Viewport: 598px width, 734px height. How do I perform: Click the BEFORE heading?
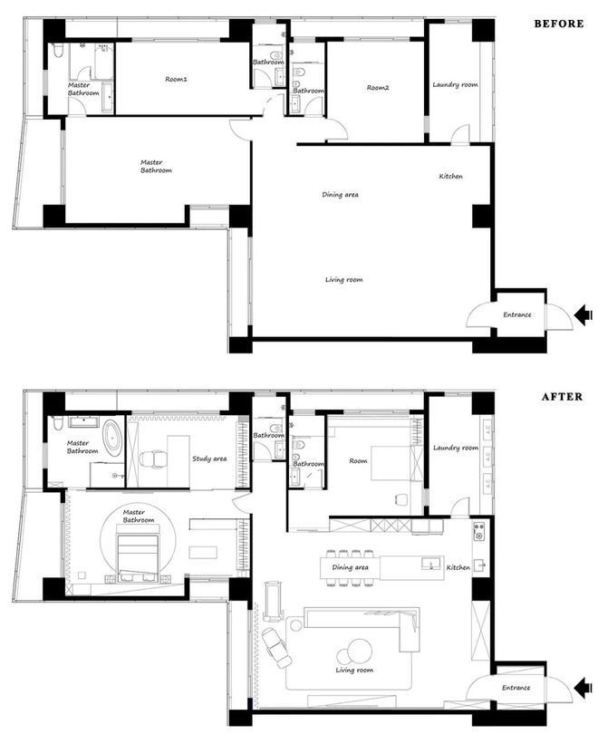click(559, 24)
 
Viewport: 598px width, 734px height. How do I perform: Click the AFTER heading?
click(563, 397)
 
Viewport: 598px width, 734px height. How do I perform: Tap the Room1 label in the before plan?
click(176, 79)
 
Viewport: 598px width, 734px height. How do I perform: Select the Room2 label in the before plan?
click(378, 88)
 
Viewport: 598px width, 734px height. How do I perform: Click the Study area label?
click(209, 459)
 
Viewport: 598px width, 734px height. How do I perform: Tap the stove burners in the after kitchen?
click(478, 532)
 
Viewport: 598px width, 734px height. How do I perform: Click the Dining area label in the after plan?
click(350, 567)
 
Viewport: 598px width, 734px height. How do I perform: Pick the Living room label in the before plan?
click(344, 279)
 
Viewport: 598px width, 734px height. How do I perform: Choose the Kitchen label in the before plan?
click(450, 176)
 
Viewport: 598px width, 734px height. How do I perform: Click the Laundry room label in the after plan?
click(455, 448)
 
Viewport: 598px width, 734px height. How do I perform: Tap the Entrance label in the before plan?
click(517, 314)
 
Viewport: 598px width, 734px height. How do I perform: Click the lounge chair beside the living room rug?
click(275, 648)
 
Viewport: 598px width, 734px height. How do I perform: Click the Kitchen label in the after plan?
click(458, 567)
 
